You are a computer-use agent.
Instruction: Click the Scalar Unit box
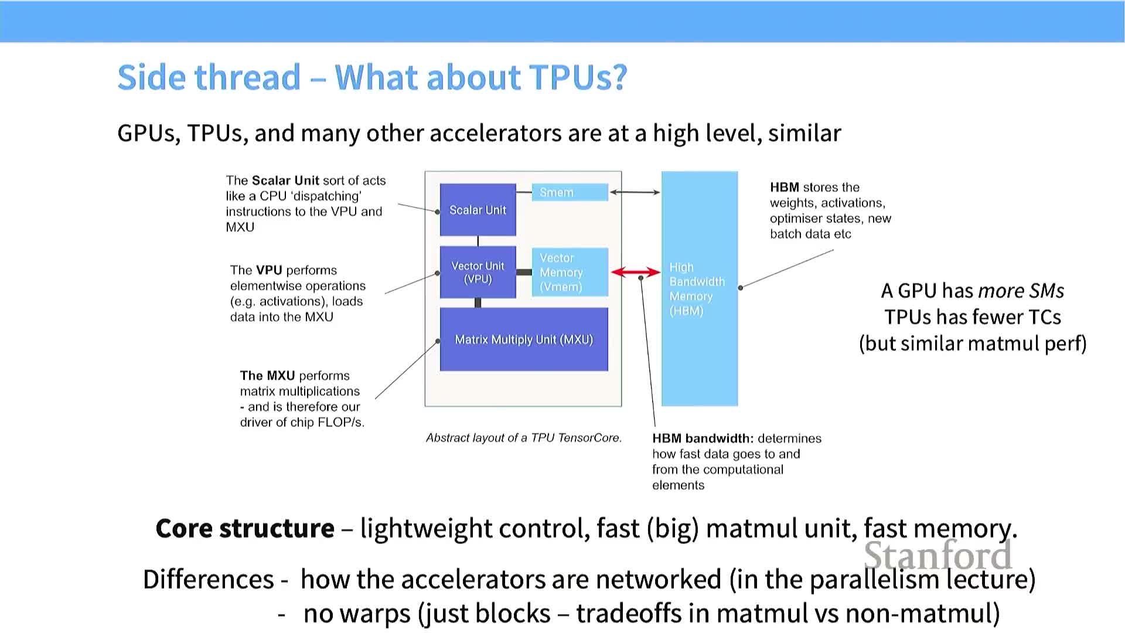pos(478,210)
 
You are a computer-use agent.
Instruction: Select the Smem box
pos(570,192)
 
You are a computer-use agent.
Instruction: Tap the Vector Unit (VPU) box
pos(478,273)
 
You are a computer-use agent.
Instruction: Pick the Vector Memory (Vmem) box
pos(570,273)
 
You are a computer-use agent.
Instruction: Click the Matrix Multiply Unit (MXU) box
pos(524,339)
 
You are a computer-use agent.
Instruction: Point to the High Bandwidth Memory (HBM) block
pos(699,288)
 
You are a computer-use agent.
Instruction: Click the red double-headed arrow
pos(635,272)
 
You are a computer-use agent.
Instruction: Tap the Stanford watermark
pos(937,556)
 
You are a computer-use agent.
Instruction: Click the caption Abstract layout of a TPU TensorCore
pos(523,438)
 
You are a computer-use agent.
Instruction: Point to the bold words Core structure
pos(245,528)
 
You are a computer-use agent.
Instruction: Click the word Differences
pos(209,579)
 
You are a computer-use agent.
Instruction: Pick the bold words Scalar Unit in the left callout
pos(285,181)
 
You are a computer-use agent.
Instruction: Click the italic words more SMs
pos(1021,291)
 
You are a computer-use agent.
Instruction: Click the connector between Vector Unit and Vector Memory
pos(524,272)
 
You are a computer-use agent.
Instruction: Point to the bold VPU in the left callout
pos(269,270)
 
